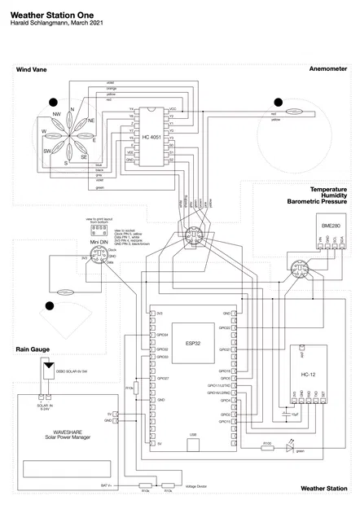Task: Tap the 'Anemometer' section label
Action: click(328, 70)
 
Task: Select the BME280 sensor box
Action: click(331, 224)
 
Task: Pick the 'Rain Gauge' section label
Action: click(33, 349)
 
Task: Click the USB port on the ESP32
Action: click(192, 435)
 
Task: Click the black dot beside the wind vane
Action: click(54, 102)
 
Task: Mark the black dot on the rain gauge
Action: click(49, 306)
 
